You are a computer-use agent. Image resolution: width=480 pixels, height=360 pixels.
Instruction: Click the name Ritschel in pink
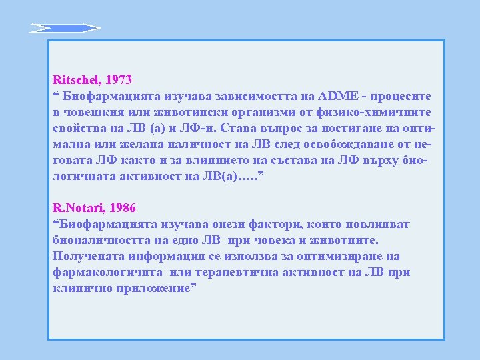pos(76,79)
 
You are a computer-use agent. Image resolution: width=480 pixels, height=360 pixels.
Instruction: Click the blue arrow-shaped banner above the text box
pos(65,28)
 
